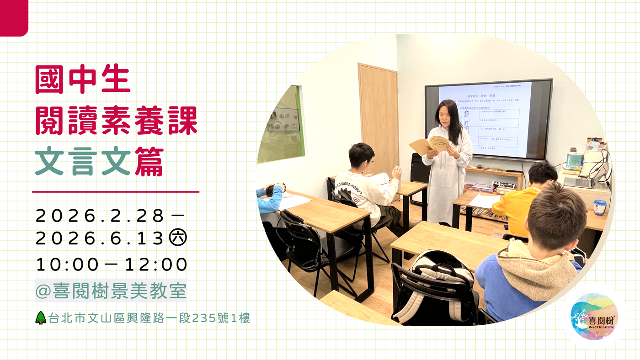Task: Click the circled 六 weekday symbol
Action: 178,238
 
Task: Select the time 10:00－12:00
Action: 112,265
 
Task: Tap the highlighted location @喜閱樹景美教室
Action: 111,291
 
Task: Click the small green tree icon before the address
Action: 41,318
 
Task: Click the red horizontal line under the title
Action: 116,192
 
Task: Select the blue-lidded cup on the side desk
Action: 600,206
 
